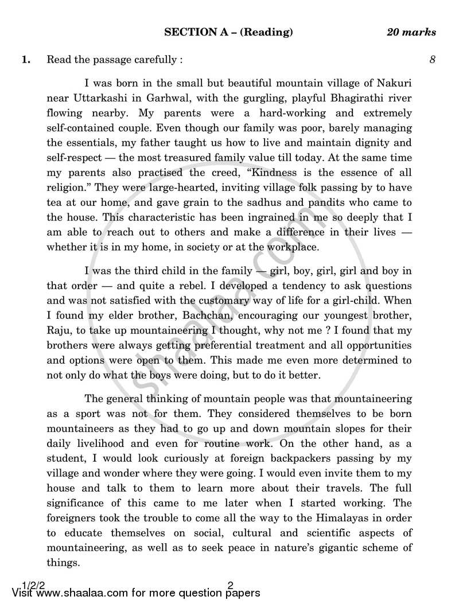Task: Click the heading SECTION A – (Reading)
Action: coord(228,32)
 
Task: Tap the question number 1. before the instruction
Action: coord(26,59)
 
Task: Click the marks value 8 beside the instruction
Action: coord(432,59)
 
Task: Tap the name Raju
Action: coord(58,330)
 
